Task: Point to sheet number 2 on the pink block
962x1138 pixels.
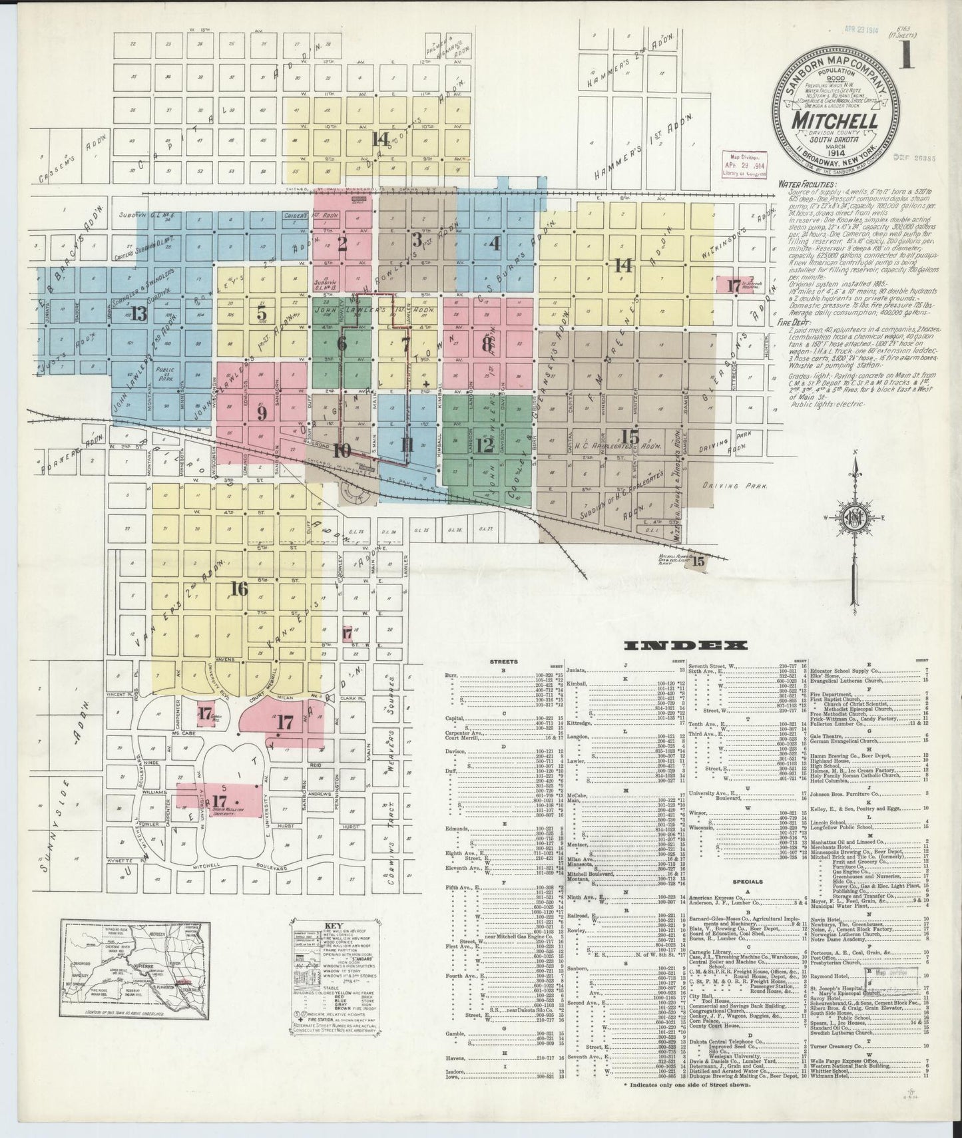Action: point(342,244)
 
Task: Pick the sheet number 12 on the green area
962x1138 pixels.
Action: point(485,443)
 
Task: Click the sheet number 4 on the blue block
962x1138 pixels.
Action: point(494,243)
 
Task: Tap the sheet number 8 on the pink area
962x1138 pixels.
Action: point(487,344)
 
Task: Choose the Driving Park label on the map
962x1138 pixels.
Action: point(735,486)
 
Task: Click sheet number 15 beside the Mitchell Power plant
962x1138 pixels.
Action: point(698,561)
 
